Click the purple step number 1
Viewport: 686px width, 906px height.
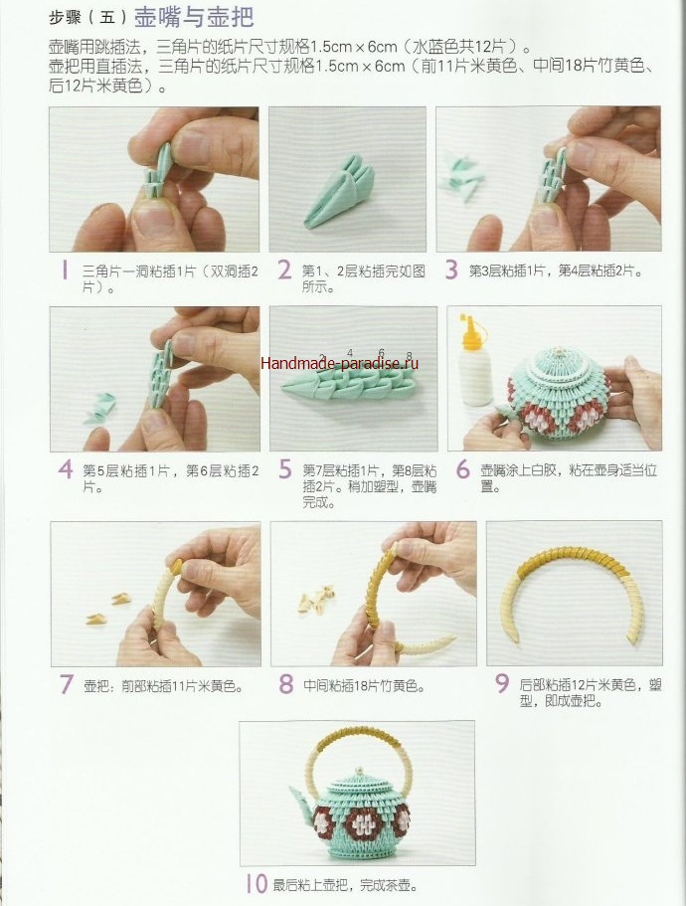(65, 270)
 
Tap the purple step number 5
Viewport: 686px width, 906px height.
(284, 469)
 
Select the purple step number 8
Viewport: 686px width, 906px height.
(286, 684)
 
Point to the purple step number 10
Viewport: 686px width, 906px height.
(257, 883)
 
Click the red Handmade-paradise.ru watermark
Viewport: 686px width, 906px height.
(340, 363)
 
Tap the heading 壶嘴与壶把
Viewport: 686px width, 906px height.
(194, 17)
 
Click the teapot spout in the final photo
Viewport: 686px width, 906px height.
(301, 797)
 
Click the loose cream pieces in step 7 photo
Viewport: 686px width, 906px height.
(109, 608)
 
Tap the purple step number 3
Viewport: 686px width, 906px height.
(451, 270)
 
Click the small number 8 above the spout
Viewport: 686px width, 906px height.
(410, 356)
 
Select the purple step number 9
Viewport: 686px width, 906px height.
(502, 684)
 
